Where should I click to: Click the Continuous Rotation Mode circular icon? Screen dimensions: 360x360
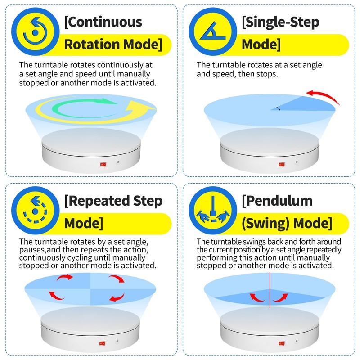tap(35, 31)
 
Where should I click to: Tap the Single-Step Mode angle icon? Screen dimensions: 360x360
tap(212, 31)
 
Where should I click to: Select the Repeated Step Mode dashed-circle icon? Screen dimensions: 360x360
tap(35, 210)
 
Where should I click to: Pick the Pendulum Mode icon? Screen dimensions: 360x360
tap(212, 210)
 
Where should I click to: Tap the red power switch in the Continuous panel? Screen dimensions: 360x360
tap(103, 164)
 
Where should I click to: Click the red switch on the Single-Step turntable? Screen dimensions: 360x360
tap(282, 164)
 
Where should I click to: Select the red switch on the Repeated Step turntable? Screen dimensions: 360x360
tap(103, 343)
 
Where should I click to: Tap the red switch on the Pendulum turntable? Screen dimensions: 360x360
tap(282, 343)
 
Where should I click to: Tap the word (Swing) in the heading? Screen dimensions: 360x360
tap(265, 223)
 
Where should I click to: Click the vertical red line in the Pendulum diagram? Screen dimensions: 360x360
tap(270, 290)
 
